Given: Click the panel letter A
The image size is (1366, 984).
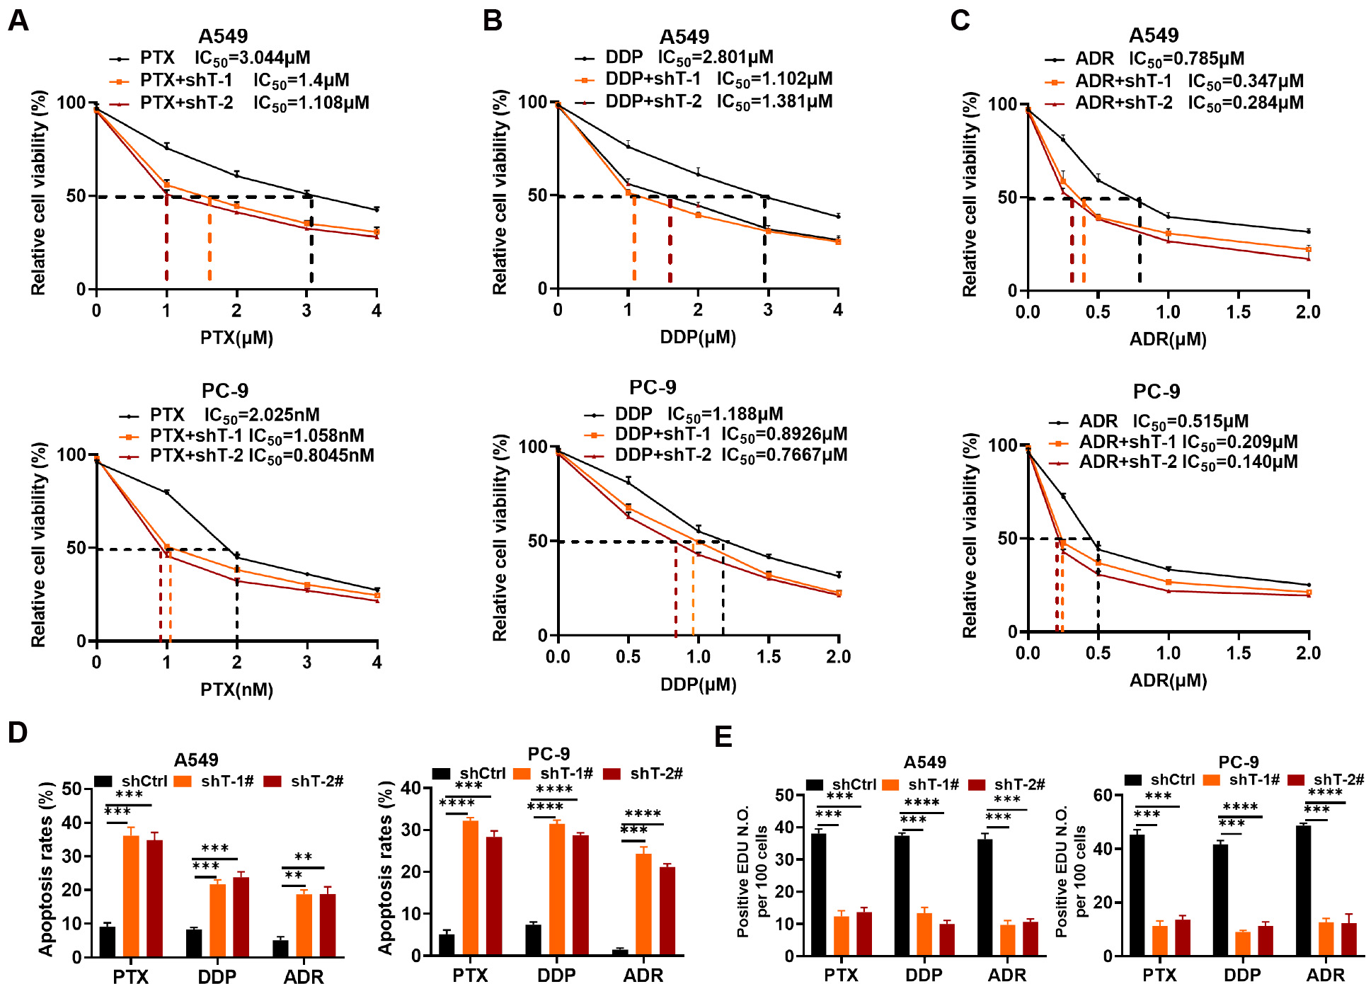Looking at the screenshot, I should (x=18, y=21).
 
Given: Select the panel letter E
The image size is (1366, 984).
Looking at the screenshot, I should (x=723, y=737).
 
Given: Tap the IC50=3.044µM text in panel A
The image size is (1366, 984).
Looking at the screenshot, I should (x=252, y=58).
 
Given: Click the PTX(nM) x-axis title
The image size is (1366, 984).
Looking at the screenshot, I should (x=236, y=690).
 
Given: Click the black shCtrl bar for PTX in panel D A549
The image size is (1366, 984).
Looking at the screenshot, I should (x=108, y=941).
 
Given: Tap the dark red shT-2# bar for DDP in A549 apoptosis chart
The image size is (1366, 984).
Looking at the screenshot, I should (x=241, y=917).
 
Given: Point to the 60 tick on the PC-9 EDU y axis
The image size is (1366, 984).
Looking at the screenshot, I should (x=1103, y=795).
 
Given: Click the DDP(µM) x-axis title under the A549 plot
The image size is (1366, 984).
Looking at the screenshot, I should (x=698, y=338).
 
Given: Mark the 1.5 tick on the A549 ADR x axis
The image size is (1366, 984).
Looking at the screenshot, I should (x=1238, y=312).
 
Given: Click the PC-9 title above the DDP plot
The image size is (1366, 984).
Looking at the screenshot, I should (x=653, y=388).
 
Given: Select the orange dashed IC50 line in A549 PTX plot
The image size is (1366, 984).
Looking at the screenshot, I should (x=210, y=239).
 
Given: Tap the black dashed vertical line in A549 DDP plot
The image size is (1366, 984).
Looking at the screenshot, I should (x=764, y=241).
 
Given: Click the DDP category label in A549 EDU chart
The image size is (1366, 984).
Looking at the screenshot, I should (x=924, y=976).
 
